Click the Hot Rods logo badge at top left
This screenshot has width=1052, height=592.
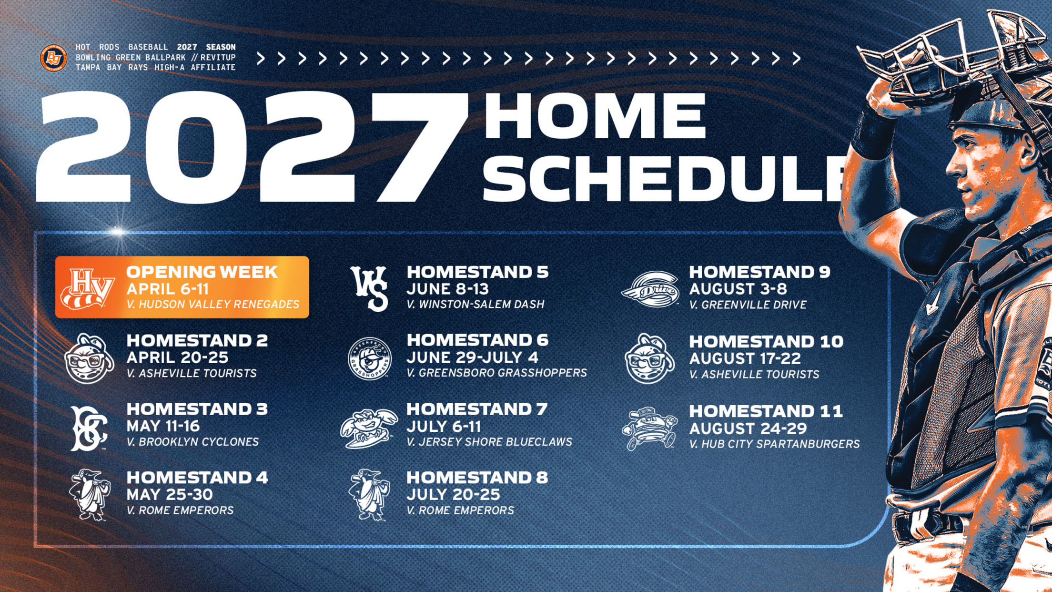53,58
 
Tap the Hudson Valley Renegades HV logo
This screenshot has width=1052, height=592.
88,288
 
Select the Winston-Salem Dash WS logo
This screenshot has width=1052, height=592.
370,288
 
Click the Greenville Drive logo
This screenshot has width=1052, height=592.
649,289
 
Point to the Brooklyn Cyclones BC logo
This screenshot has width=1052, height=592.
89,428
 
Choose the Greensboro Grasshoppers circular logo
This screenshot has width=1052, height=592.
370,358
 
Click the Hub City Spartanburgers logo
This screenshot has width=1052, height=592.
649,428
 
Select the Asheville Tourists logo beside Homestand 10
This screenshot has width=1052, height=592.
649,358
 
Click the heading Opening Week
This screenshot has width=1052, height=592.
202,272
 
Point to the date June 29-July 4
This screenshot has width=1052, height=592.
472,357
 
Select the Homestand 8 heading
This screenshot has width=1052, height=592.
477,477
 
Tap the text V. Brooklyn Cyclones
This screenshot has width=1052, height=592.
192,442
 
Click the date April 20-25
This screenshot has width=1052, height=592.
177,357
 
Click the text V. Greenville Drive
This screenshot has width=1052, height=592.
748,305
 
